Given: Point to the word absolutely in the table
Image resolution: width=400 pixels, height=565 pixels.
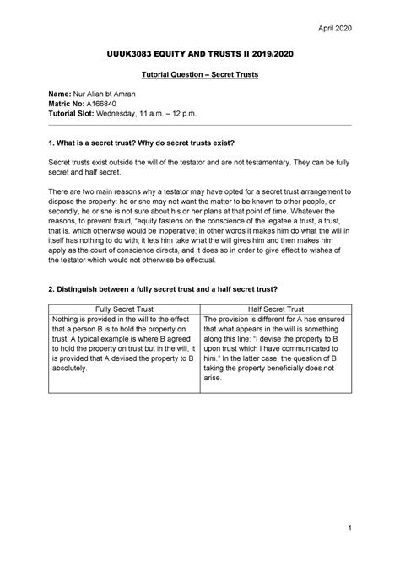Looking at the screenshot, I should (x=73, y=369).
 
